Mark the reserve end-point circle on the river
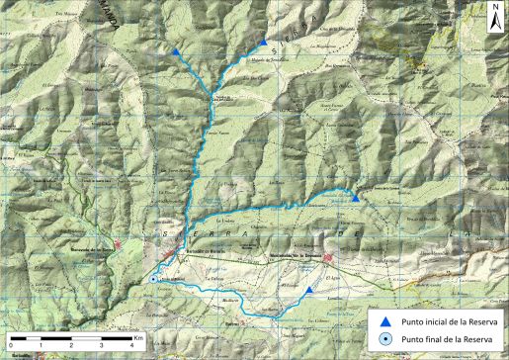(x=154, y=280)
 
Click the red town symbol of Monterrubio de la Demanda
(x=329, y=261)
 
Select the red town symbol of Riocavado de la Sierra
(x=118, y=244)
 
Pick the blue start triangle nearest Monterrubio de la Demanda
(x=309, y=290)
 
